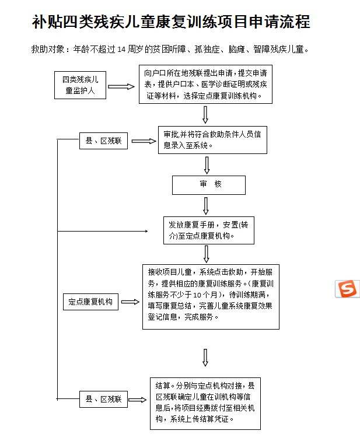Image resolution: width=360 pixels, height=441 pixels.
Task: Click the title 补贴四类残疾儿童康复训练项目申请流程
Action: (x=171, y=22)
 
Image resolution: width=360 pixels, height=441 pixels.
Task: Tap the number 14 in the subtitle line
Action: (x=121, y=50)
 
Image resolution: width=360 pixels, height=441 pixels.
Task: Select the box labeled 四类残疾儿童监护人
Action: (x=80, y=85)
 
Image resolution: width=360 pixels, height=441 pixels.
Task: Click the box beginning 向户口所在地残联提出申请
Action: (x=205, y=85)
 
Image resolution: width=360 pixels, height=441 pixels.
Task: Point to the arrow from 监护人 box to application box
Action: (x=121, y=86)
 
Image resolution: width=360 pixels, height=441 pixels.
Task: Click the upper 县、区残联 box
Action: (x=103, y=141)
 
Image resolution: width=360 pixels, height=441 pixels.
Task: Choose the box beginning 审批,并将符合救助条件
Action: (x=212, y=140)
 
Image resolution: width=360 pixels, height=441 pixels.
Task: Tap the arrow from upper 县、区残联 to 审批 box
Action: (x=144, y=141)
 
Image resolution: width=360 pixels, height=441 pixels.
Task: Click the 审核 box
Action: (x=209, y=185)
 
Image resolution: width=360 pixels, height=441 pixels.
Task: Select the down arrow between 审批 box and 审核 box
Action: (x=207, y=166)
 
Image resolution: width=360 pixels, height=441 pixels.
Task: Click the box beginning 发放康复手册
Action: (x=209, y=230)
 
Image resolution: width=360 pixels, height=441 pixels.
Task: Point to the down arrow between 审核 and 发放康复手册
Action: (x=206, y=206)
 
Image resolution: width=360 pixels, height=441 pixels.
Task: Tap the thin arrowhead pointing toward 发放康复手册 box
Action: (x=146, y=231)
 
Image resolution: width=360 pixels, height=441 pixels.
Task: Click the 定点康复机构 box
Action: (x=90, y=302)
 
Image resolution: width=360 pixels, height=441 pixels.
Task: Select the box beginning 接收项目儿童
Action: (x=211, y=297)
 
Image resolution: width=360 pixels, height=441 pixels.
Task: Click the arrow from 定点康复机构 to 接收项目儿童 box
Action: (x=130, y=302)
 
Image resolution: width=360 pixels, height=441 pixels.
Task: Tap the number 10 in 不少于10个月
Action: (x=197, y=295)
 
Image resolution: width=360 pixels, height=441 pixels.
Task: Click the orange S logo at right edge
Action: (x=348, y=289)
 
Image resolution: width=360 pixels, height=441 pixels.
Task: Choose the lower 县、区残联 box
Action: (x=103, y=399)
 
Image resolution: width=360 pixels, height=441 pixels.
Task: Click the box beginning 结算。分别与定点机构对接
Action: (x=205, y=404)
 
